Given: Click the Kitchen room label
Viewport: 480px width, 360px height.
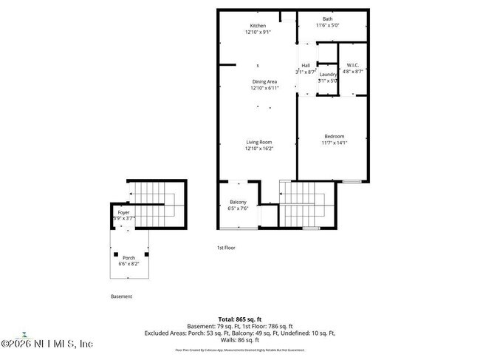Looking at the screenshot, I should (x=257, y=26).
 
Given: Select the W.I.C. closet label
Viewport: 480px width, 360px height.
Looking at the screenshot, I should (x=352, y=65).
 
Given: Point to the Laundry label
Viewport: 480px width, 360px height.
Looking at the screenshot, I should (x=328, y=74).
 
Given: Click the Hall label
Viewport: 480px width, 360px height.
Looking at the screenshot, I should (x=305, y=66).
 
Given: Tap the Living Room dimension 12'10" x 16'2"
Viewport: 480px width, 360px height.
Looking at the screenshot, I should (x=258, y=149).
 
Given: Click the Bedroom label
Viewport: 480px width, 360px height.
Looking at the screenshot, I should (x=334, y=136).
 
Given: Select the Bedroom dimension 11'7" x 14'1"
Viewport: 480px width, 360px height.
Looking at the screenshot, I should (x=334, y=143).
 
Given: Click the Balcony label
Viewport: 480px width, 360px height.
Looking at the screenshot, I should (x=238, y=202).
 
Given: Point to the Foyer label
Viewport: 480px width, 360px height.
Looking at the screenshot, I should (x=123, y=212).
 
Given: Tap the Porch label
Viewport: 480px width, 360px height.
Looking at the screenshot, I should (x=128, y=257).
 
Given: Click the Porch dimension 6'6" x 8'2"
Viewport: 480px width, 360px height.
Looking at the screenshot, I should (x=128, y=263).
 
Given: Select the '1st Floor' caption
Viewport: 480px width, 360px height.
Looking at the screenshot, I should (x=225, y=248).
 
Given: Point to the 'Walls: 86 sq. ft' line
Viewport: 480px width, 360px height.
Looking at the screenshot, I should (x=239, y=341).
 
